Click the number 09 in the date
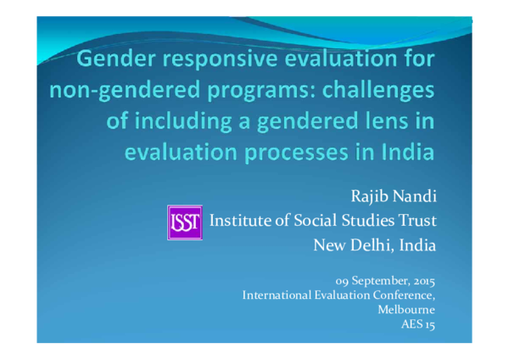341,280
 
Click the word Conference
402,295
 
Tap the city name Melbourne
407,310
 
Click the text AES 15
418,325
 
